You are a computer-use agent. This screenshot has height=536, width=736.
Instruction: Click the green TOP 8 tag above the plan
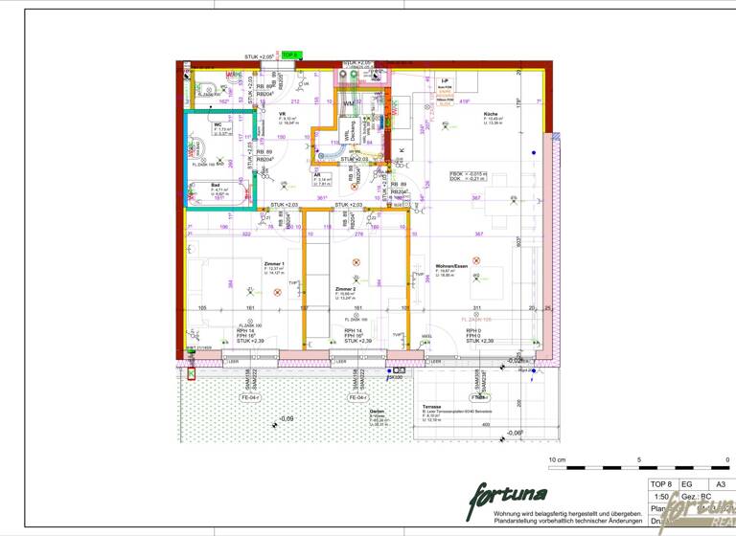tap(290, 56)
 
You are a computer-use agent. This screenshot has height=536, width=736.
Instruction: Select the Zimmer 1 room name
tap(274, 263)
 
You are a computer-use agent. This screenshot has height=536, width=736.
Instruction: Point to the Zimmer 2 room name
tap(345, 287)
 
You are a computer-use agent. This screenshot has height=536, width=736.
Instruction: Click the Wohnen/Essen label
tap(450, 266)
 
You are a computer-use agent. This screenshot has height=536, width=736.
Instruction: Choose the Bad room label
tap(215, 185)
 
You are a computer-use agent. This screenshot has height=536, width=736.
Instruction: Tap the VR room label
tap(282, 113)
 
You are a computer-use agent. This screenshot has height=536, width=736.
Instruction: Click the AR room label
tap(317, 175)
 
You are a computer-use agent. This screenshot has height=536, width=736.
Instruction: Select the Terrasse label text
tap(431, 406)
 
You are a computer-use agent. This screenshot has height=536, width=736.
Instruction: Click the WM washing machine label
tap(349, 101)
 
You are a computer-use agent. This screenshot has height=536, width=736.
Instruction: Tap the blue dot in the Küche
tap(534, 152)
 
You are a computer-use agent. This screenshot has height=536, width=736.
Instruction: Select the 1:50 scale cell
tap(660, 497)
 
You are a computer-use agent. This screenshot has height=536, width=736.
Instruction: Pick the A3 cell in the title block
tap(720, 484)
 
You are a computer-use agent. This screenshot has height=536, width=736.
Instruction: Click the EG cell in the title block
tap(687, 484)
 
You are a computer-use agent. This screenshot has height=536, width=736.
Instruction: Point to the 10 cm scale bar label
tap(557, 460)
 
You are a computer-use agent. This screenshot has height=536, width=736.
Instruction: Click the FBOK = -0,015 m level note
tap(469, 173)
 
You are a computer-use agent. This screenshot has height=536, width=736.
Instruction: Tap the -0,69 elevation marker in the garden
tap(286, 419)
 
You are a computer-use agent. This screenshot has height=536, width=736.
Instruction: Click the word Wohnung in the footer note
tap(509, 514)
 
